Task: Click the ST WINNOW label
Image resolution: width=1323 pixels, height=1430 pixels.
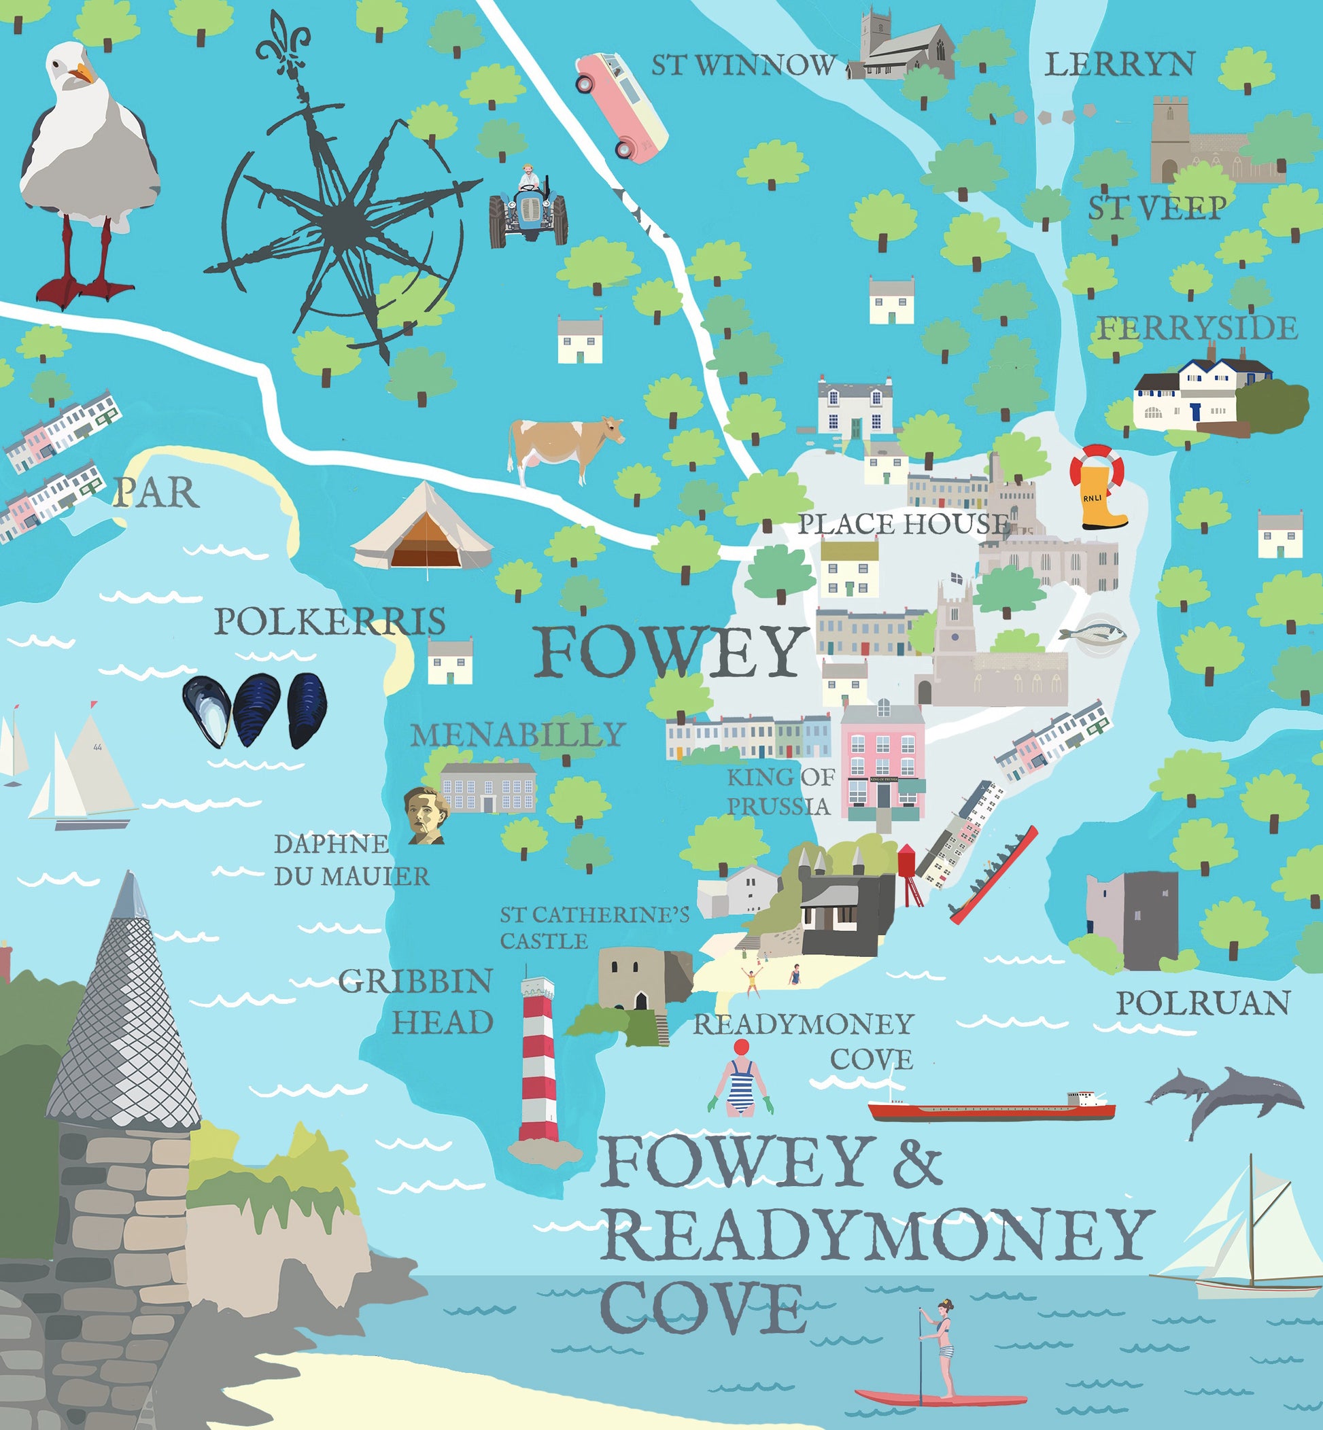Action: (x=743, y=66)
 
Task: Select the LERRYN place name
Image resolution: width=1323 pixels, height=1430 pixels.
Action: (x=1119, y=65)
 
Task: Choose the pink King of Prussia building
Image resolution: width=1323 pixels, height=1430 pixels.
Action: (x=882, y=763)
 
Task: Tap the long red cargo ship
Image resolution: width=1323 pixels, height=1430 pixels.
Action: (x=991, y=1108)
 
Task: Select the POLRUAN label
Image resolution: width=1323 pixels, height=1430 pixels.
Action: (x=1202, y=1003)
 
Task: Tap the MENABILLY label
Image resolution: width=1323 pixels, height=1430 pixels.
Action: (x=518, y=734)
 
